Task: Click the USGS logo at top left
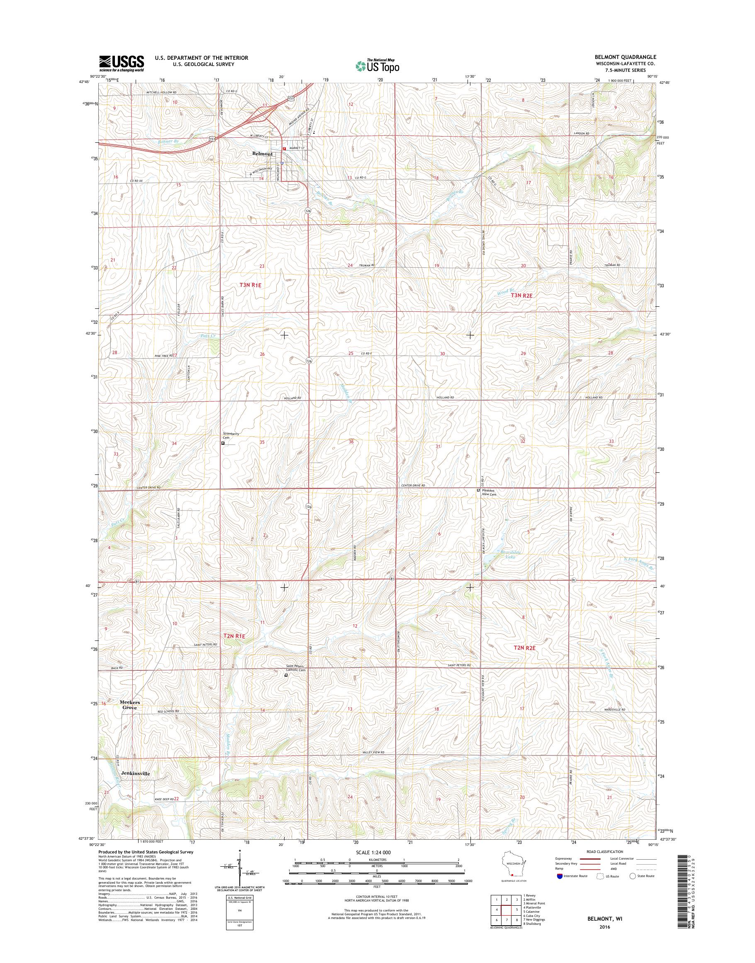pyautogui.click(x=121, y=64)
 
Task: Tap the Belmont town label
pyautogui.click(x=262, y=154)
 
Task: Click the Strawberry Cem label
pyautogui.click(x=231, y=436)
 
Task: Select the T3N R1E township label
pyautogui.click(x=250, y=285)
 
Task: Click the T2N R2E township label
pyautogui.click(x=524, y=648)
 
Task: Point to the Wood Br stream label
pyautogui.click(x=503, y=293)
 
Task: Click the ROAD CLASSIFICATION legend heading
pyautogui.click(x=605, y=851)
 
